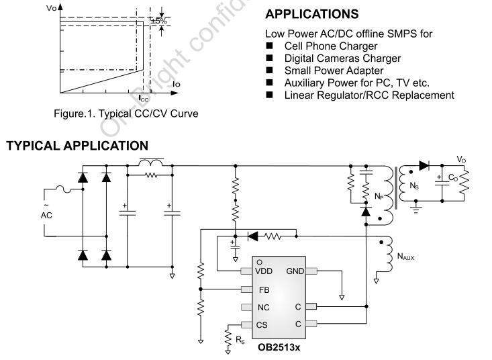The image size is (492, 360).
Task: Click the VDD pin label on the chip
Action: click(x=264, y=271)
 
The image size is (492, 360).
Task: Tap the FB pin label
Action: click(x=264, y=290)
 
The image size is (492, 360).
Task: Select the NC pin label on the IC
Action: click(x=264, y=308)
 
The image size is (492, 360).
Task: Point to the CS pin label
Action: click(x=262, y=325)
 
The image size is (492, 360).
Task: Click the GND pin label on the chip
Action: click(x=295, y=271)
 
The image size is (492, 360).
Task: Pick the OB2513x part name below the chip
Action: click(x=279, y=347)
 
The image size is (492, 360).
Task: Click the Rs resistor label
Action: click(x=240, y=340)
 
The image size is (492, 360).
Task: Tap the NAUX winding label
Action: click(x=405, y=257)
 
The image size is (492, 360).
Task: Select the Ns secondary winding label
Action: click(x=414, y=186)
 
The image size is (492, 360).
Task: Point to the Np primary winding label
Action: click(x=379, y=197)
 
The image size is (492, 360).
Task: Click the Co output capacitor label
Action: click(x=453, y=178)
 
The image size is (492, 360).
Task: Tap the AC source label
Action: click(x=46, y=216)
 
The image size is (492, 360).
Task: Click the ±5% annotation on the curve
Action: click(x=159, y=21)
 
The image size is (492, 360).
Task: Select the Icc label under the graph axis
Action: click(x=144, y=99)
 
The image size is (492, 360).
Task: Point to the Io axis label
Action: click(x=177, y=84)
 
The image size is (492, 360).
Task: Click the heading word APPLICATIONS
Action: click(x=312, y=14)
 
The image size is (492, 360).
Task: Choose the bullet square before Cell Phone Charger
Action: click(x=270, y=46)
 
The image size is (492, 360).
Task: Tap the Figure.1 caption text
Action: click(x=126, y=114)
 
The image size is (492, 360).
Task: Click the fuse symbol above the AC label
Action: click(x=64, y=189)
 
